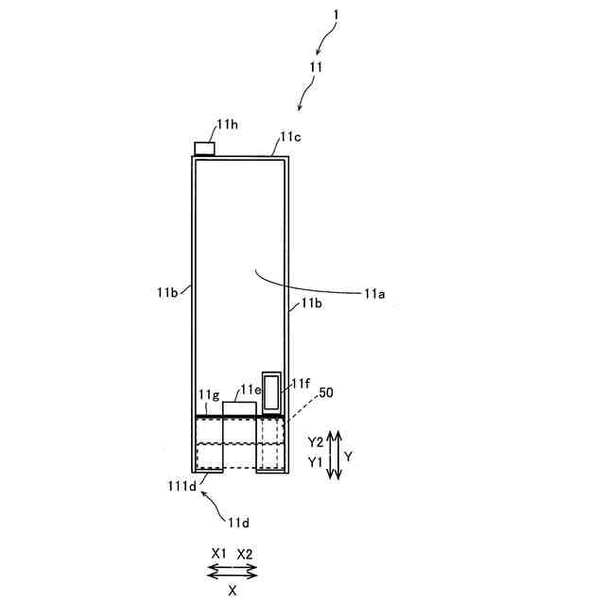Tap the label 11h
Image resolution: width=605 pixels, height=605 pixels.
click(x=228, y=125)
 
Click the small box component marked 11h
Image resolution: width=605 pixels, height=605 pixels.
click(x=204, y=147)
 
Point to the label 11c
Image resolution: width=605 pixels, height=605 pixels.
click(x=288, y=138)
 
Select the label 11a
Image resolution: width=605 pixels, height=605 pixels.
click(x=375, y=294)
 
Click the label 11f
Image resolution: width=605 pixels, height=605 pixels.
click(x=301, y=383)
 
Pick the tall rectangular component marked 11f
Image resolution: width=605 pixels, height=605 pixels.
click(x=272, y=392)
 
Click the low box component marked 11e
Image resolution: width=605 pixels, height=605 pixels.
click(x=239, y=407)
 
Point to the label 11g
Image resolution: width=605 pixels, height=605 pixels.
click(x=209, y=394)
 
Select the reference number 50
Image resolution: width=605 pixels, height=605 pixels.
click(x=326, y=391)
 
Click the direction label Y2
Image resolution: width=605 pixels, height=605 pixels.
click(x=316, y=442)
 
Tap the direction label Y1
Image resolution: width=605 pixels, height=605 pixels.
click(x=316, y=460)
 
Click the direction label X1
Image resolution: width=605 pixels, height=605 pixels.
click(x=219, y=554)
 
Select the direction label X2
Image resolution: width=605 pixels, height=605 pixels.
click(x=245, y=554)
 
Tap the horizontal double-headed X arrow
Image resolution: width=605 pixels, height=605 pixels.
click(x=232, y=570)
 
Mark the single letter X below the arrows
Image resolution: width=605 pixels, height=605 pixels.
click(x=232, y=588)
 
